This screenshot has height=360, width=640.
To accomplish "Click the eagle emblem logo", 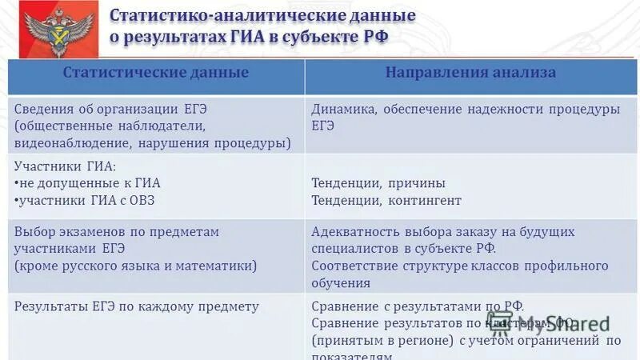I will (x=50, y=30).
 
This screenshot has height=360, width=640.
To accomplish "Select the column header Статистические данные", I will (x=156, y=73).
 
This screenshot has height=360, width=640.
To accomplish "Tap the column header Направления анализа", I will (x=470, y=73).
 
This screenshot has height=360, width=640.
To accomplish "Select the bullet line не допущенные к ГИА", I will (x=90, y=183).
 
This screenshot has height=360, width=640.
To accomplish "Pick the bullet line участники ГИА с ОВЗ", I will (x=87, y=200).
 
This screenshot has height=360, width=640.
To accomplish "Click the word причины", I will (x=417, y=183).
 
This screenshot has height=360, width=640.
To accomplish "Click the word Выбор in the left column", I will (x=34, y=232).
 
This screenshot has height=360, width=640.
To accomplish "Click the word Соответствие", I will (x=352, y=266).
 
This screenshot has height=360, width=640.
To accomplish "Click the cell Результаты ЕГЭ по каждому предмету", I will (x=137, y=306).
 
